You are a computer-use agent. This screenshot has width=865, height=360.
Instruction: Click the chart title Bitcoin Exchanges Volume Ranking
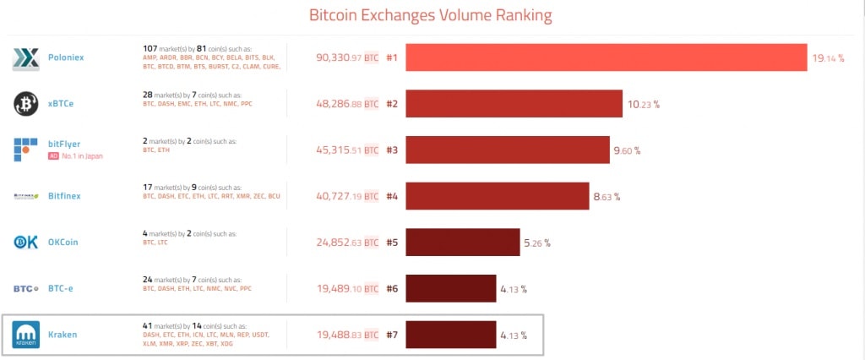[x=431, y=15]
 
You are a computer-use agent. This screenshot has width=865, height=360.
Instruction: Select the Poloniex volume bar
[x=605, y=58]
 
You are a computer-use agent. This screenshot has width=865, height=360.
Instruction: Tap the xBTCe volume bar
[x=514, y=104]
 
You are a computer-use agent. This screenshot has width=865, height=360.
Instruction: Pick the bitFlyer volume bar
[x=507, y=150]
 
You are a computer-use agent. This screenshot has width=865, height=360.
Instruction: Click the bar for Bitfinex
[x=497, y=196]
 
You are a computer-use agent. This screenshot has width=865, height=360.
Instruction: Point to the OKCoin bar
[x=463, y=242]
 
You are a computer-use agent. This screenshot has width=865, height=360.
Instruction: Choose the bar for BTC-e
[x=451, y=288]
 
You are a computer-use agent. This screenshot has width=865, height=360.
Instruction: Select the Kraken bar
[x=451, y=334]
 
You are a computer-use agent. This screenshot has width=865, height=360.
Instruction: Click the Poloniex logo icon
[x=25, y=58]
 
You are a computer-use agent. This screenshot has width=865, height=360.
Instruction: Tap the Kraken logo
[x=25, y=335]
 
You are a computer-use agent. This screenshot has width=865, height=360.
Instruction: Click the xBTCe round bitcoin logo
[x=25, y=104]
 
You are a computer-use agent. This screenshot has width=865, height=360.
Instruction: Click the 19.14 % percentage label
[x=828, y=59]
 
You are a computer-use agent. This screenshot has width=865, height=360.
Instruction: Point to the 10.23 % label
[x=643, y=105]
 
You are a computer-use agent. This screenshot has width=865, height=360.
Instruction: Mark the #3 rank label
[x=391, y=150]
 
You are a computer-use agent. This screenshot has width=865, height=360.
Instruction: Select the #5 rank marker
[x=391, y=243]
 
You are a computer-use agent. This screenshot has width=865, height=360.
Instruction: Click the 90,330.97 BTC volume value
[x=346, y=58]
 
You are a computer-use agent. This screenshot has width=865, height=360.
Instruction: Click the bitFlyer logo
[x=25, y=150]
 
